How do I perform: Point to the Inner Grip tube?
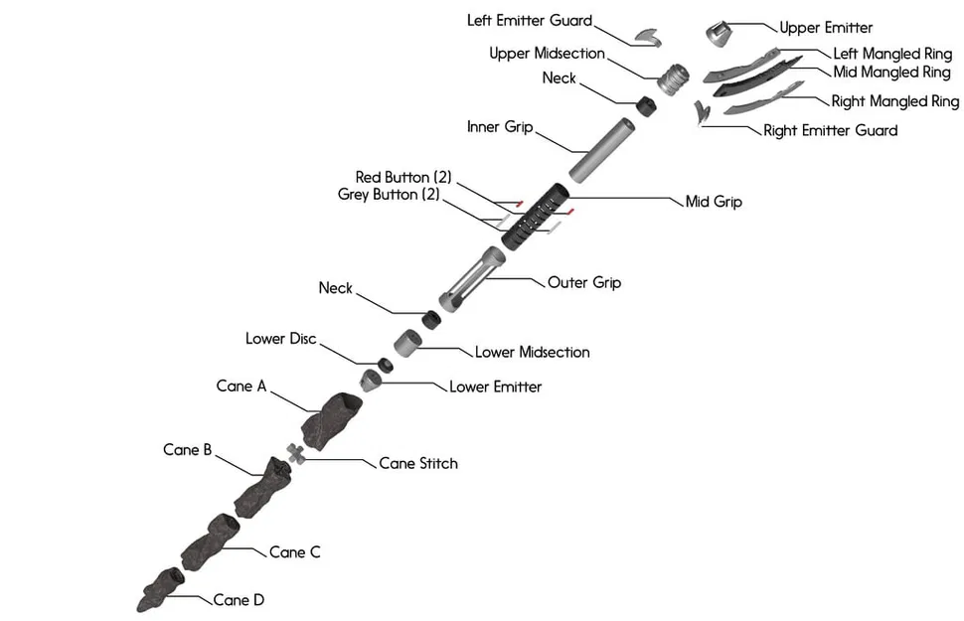point(602,149)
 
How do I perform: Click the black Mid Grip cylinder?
point(535,212)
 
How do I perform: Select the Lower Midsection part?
point(407,343)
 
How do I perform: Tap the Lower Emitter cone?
point(372,380)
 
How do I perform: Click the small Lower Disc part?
point(385,365)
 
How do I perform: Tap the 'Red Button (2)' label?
point(403,177)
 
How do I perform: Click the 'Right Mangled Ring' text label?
point(894,101)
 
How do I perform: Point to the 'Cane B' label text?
point(187,450)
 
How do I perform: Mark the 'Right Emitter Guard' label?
point(830,130)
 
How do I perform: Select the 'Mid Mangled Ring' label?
point(891,73)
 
